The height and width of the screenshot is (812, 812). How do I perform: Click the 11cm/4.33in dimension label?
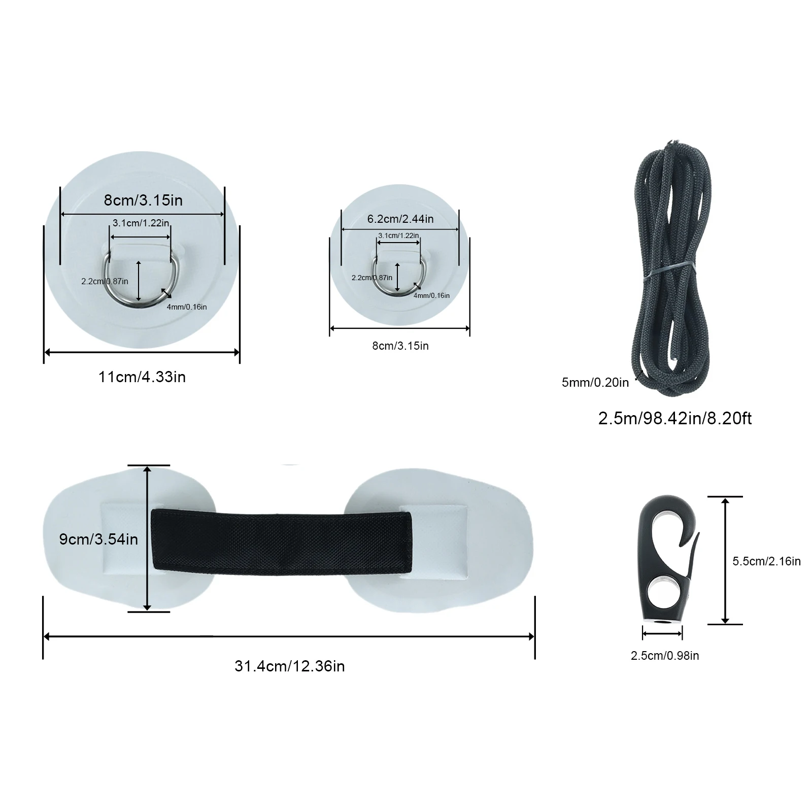(142, 377)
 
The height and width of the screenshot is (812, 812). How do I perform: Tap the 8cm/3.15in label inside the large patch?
(143, 200)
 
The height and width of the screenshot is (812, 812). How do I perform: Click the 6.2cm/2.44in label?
(400, 219)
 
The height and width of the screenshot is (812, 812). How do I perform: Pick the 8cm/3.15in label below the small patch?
(400, 346)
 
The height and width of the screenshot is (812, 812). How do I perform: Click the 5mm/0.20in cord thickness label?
(595, 383)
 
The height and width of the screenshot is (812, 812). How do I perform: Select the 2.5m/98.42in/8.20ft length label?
(675, 418)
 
